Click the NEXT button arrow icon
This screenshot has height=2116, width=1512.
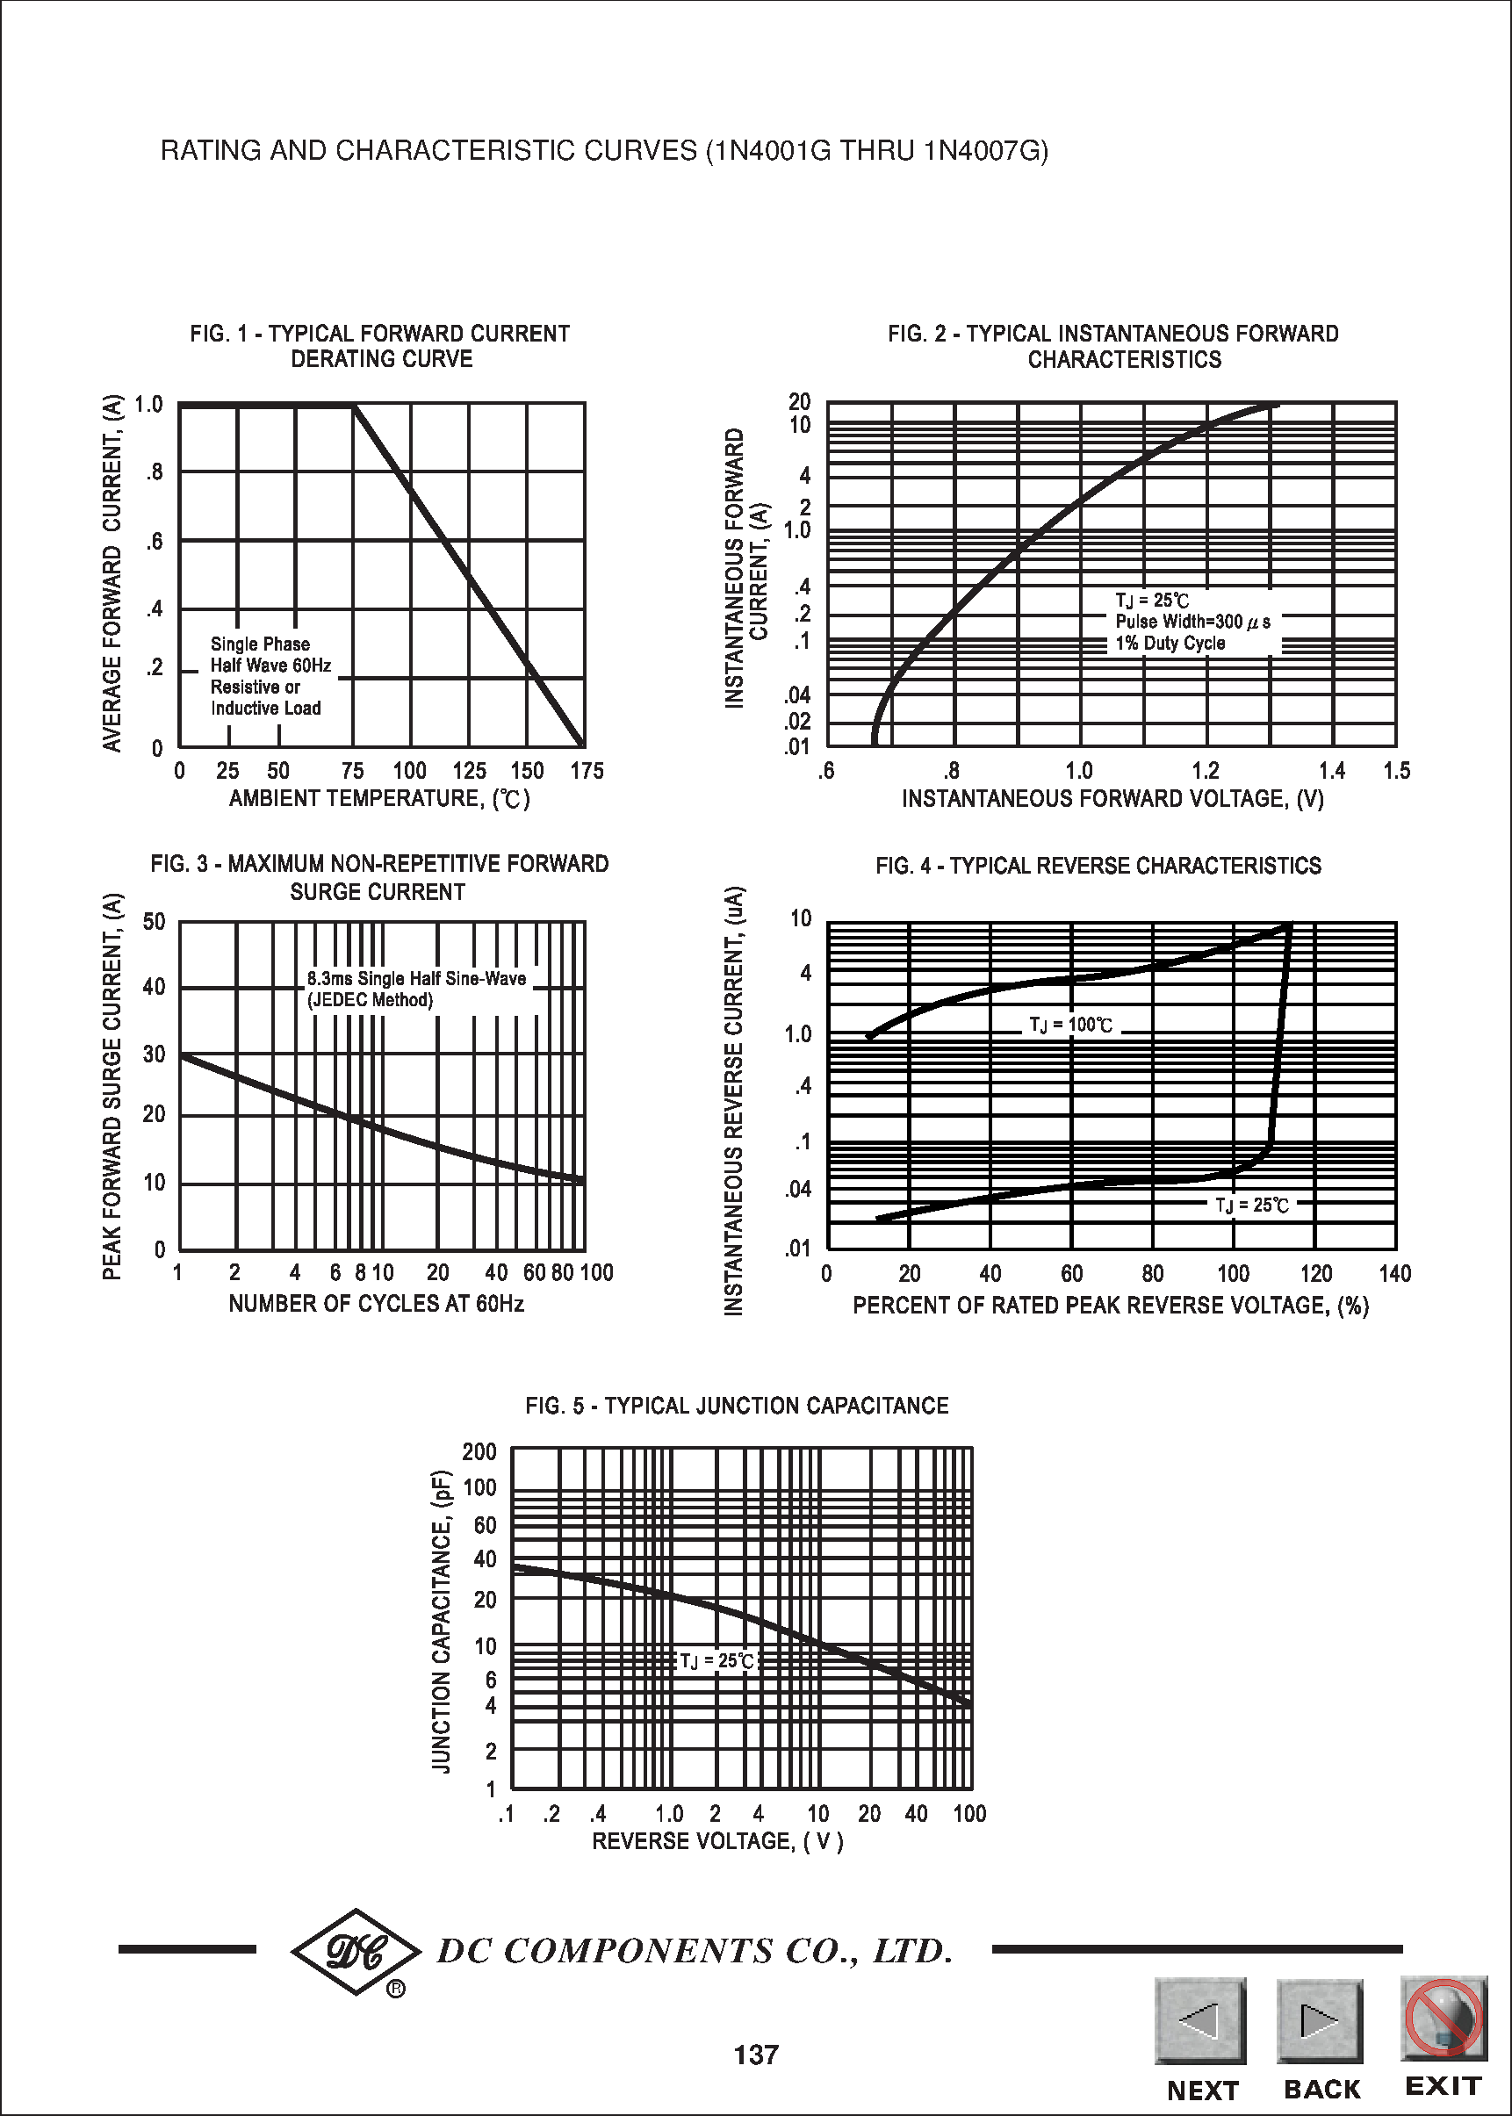click(x=1200, y=2020)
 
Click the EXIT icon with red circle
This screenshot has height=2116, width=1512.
click(x=1442, y=2018)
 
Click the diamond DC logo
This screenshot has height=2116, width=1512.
click(x=356, y=1951)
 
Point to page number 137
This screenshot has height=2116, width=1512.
click(x=755, y=2055)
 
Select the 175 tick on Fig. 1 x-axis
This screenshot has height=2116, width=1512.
click(x=587, y=771)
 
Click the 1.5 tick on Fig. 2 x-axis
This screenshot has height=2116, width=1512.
click(x=1395, y=771)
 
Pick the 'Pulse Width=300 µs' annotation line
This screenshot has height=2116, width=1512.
click(x=1192, y=622)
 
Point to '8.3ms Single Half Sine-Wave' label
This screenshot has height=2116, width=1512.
click(x=416, y=978)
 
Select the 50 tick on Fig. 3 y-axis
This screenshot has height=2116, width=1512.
click(x=154, y=922)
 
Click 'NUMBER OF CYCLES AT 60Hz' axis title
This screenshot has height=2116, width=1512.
click(x=376, y=1303)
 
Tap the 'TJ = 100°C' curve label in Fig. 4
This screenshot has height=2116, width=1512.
click(x=1070, y=1025)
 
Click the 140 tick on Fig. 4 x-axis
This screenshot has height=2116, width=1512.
click(x=1393, y=1273)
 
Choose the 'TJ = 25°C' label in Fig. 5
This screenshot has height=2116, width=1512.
click(x=716, y=1661)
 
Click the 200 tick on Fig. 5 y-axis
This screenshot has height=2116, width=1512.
click(x=479, y=1452)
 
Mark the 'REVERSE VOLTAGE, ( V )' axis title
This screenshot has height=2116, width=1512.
click(x=716, y=1840)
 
